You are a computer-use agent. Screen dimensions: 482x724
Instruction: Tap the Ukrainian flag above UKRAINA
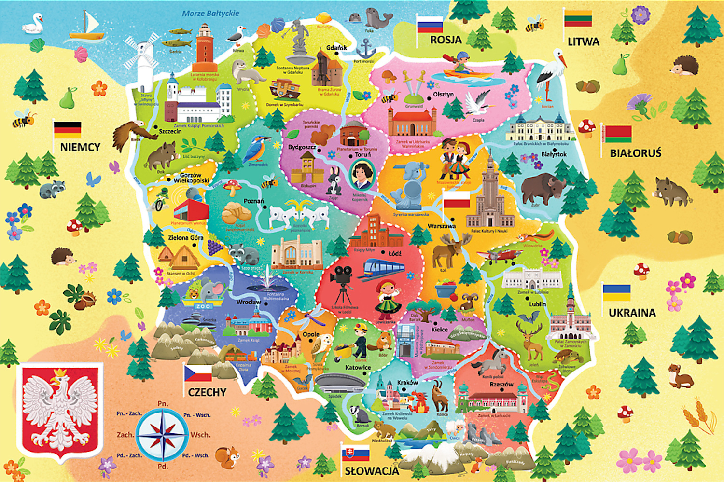click(x=617, y=293)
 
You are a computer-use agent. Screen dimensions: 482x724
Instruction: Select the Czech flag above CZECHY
click(x=198, y=373)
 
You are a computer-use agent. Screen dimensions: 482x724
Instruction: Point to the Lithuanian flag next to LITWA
click(x=578, y=18)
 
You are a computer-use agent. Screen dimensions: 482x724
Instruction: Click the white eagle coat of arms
click(x=60, y=410)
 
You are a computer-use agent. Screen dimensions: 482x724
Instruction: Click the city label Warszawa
click(x=442, y=226)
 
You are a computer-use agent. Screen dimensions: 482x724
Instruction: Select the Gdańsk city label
click(x=336, y=48)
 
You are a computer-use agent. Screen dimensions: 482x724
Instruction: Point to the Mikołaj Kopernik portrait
click(x=362, y=174)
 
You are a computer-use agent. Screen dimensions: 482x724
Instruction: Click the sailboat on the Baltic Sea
click(x=87, y=27)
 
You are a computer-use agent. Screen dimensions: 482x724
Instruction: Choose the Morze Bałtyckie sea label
click(x=210, y=14)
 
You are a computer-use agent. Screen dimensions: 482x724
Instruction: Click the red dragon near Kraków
click(x=418, y=402)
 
